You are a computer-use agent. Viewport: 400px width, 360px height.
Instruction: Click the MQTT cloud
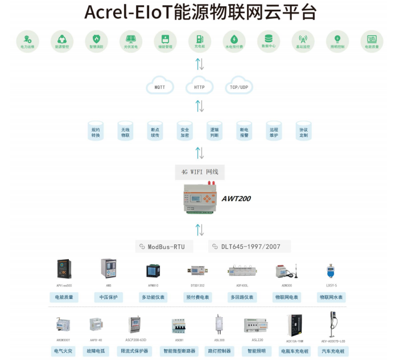[x=160, y=87]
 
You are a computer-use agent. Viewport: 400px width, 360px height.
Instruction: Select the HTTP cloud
[x=199, y=87]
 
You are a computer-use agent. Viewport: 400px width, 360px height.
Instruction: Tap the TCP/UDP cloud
[x=239, y=87]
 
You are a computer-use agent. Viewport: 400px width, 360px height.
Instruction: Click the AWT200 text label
[x=236, y=198]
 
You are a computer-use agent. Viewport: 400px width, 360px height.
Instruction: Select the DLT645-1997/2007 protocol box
[x=249, y=247]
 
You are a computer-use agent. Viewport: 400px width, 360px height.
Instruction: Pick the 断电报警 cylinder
[x=244, y=132]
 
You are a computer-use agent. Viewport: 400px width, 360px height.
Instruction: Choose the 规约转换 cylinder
[x=95, y=132]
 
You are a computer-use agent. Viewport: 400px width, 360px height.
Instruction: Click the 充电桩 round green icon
[x=200, y=40]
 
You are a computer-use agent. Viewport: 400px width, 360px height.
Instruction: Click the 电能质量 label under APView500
[x=64, y=297]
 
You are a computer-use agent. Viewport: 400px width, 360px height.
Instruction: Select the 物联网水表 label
[x=332, y=297]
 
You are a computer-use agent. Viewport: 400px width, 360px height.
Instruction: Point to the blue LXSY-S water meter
[x=330, y=271]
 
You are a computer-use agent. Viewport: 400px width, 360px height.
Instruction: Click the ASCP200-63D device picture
[x=134, y=325]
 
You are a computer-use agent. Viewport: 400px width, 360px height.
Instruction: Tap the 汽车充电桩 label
[x=332, y=351]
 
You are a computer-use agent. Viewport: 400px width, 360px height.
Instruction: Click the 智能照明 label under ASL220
[x=256, y=351]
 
